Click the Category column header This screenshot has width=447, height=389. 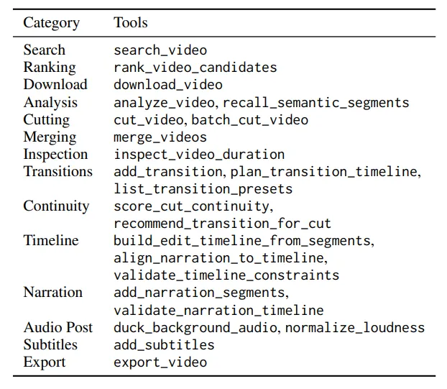coord(51,23)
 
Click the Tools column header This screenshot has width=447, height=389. coord(131,22)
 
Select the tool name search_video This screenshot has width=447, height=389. coord(160,50)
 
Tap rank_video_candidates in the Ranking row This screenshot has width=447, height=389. coord(195,68)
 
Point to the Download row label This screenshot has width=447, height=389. coord(55,84)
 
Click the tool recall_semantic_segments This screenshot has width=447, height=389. coord(316,103)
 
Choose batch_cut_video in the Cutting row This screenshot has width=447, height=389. coord(249,120)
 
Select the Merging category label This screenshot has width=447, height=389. coord(50,137)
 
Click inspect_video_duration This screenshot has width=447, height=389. coord(199,155)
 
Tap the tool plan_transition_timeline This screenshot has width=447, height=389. coord(323,172)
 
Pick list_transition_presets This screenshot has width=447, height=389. coord(203,189)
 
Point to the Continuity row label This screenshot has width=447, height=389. coord(56,206)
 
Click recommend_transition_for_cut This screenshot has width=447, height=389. coord(222,224)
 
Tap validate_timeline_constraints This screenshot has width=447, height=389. coord(226,275)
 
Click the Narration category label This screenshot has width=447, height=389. coord(53,293)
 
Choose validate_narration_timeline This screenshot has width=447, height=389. coord(218,311)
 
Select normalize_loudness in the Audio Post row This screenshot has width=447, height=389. coord(354,328)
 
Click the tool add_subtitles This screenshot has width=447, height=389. coord(164,345)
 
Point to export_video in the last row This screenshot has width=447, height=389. coord(160,362)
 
